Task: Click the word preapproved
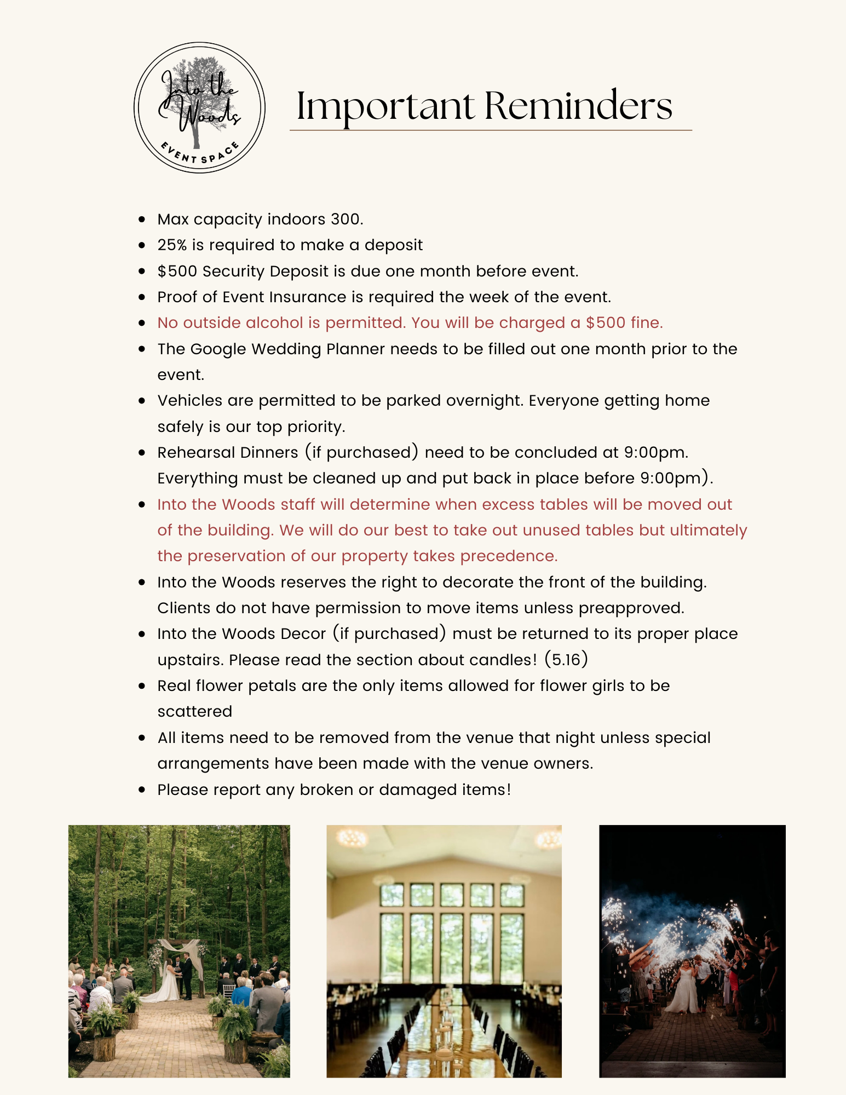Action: click(x=631, y=608)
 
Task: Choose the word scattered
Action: click(x=195, y=712)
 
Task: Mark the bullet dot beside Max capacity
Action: click(x=142, y=220)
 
